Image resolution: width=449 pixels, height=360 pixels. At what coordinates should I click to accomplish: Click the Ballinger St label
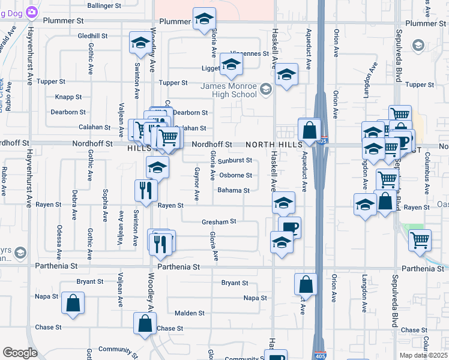pos(104,5)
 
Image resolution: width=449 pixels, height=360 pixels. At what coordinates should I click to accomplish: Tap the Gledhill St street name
pos(92,36)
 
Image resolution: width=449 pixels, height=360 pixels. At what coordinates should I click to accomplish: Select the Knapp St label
pos(68,97)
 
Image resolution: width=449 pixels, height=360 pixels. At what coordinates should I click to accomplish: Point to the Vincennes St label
pos(247,53)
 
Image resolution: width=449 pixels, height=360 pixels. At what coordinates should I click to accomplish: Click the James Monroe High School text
pos(228,90)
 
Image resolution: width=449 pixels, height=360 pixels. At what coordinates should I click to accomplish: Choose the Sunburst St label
pos(235,161)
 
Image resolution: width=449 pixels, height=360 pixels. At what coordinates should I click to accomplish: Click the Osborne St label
pos(235,175)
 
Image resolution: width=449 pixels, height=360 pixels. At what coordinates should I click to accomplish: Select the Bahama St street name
pos(234,190)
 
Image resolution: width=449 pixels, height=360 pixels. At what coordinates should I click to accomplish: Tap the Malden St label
pos(189,313)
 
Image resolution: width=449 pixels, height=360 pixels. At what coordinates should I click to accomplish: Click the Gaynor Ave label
pos(196,184)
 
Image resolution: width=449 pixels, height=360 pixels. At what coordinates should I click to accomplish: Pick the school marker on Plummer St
pos(204,19)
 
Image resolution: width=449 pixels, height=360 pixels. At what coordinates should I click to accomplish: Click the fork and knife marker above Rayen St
pos(146,190)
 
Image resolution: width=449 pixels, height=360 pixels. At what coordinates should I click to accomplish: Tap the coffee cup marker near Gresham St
pos(289,227)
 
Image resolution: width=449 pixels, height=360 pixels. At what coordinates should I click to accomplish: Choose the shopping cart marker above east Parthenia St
pos(420,240)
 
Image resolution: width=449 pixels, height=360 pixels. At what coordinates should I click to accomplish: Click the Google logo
pos(20,353)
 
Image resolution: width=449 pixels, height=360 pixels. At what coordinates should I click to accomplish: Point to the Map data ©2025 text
pos(423,355)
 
